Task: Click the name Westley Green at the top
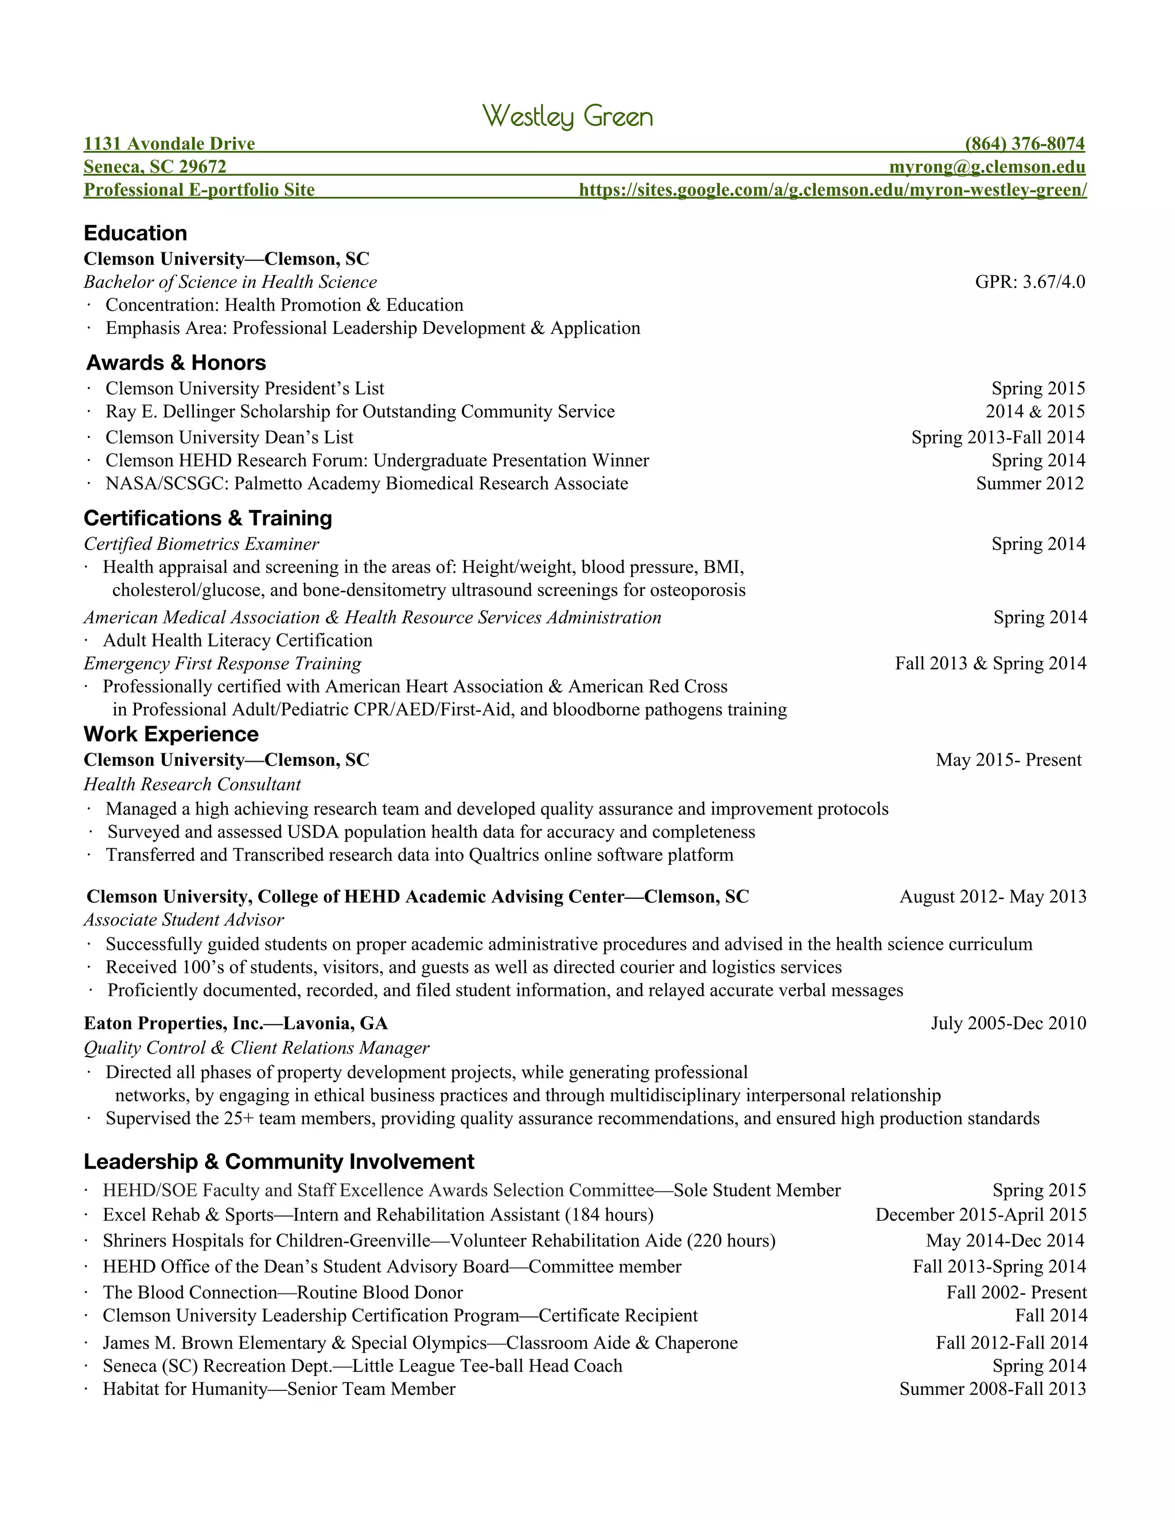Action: point(568,116)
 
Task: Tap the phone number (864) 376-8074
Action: point(1025,144)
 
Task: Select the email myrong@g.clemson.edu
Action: point(987,167)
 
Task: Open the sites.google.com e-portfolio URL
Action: point(832,190)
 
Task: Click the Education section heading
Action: point(135,233)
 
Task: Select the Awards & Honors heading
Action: point(176,363)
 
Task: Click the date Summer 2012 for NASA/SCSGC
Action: point(1029,484)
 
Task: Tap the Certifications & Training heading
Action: point(208,518)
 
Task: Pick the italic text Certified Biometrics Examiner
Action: point(201,544)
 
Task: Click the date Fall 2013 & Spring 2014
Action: point(990,663)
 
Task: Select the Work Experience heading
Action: point(170,734)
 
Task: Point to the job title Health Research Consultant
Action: point(192,784)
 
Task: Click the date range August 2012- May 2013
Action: point(993,897)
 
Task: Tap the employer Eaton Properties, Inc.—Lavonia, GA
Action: point(235,1023)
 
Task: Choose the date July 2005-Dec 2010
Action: point(1008,1023)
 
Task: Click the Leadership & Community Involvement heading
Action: point(278,1162)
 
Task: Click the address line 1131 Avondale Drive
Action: point(169,144)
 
